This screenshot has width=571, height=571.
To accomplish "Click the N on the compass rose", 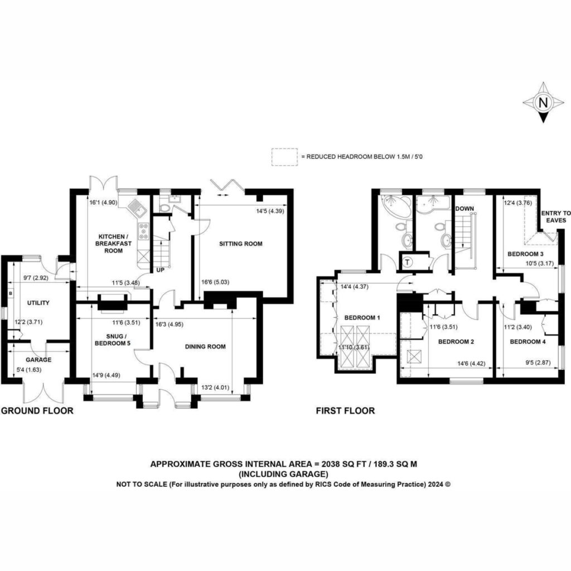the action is tap(543, 103).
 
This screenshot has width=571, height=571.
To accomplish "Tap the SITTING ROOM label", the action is tap(241, 244).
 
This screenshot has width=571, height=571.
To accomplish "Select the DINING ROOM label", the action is tap(205, 346).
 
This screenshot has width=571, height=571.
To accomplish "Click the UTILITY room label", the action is tap(38, 303).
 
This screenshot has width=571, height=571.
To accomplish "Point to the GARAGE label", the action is tap(38, 360).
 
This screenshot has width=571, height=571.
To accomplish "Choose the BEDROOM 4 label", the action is tap(528, 342).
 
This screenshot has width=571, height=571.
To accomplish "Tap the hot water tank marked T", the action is tap(407, 262).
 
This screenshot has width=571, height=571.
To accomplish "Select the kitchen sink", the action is tap(137, 207).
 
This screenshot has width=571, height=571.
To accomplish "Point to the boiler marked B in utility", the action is tap(11, 293).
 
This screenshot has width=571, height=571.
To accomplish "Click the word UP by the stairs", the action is tap(160, 270).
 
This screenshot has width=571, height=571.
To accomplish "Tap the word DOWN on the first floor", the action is tap(464, 209).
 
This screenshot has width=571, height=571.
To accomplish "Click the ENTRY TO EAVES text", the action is tap(556, 217).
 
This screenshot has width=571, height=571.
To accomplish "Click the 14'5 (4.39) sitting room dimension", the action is tap(270, 210).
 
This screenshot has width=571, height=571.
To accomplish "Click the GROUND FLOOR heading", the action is tap(37, 411).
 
